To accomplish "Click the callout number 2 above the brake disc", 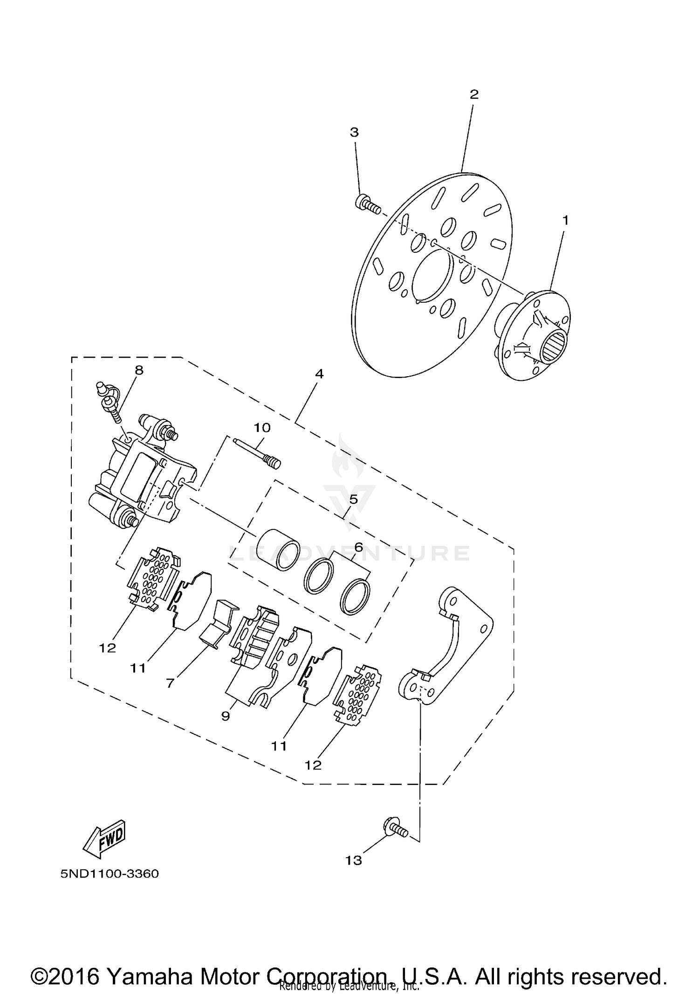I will tap(473, 95).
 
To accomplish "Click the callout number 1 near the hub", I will tap(565, 220).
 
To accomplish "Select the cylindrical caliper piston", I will tap(279, 550).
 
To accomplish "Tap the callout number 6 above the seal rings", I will tap(358, 548).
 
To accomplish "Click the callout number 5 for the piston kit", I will tap(353, 500).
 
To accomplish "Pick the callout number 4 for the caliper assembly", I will tap(319, 374).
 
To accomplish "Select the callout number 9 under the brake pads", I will tap(226, 716).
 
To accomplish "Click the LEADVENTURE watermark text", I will tap(349, 553).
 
